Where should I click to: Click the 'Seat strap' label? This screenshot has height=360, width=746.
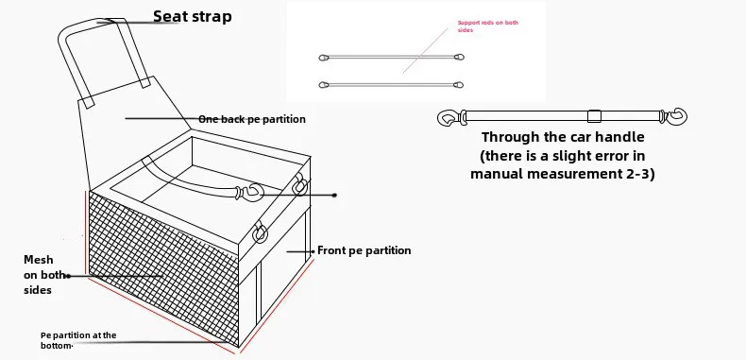[x=193, y=17]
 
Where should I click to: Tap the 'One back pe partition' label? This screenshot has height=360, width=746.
[x=252, y=119]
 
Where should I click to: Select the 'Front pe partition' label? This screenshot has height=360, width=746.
[x=364, y=250]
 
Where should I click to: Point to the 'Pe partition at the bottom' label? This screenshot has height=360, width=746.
[x=78, y=340]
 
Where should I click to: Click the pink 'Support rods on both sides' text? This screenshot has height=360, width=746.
[x=487, y=26]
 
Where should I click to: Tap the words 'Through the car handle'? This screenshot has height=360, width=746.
[x=563, y=137]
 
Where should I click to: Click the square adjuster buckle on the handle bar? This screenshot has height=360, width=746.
[x=594, y=116]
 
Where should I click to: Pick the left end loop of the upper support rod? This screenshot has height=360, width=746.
[x=324, y=58]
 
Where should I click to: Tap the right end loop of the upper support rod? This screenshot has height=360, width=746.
[x=459, y=57]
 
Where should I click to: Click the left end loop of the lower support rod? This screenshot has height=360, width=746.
[x=324, y=85]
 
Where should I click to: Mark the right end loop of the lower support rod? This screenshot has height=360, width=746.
[x=458, y=85]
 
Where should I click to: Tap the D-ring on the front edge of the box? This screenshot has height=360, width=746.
[x=260, y=232]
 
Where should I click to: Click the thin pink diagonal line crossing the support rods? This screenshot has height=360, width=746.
[x=425, y=50]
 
